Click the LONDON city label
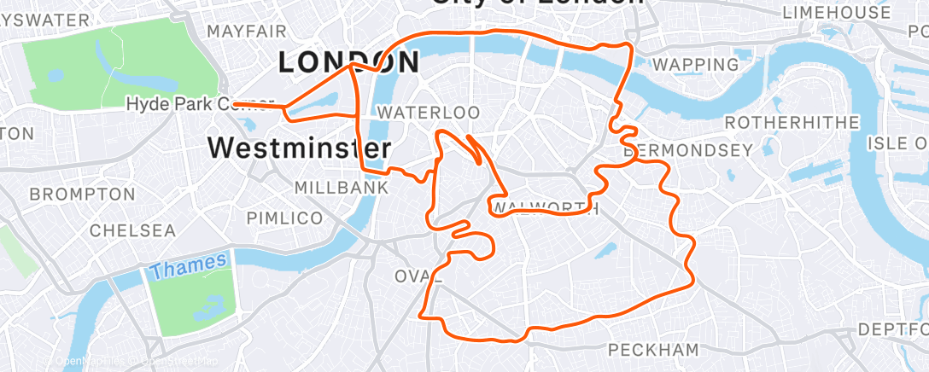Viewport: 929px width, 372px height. point(348,62)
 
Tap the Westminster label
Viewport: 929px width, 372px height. point(299,148)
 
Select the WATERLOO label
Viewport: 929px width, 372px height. point(428,113)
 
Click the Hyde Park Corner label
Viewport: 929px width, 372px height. point(199,104)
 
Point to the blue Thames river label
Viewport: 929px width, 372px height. point(188,265)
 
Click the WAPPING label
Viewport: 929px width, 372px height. point(695,65)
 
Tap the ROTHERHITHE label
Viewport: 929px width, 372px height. point(792,122)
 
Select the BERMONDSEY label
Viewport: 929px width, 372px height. point(690,151)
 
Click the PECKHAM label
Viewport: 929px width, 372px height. point(653,350)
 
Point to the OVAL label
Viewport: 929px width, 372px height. point(418,276)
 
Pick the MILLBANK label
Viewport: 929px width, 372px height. point(330,187)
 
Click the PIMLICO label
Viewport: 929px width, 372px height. point(284,218)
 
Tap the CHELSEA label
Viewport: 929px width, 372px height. point(132,230)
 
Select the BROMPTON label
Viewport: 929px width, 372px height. point(82,195)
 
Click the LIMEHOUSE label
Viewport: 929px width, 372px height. point(836,12)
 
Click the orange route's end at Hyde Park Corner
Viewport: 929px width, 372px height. point(234,104)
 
